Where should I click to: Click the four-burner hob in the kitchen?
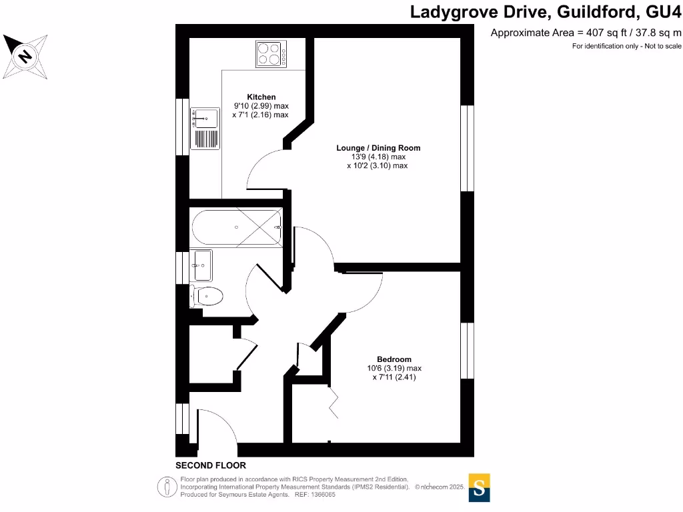point(271,53)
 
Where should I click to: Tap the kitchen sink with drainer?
point(205,128)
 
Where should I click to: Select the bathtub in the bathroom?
point(237,227)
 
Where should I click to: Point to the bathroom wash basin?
point(201,265)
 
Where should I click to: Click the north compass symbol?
point(25,56)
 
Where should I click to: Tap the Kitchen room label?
point(261,97)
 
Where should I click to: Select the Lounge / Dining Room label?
point(378,148)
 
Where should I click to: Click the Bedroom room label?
point(394,359)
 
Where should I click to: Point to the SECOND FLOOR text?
point(211,465)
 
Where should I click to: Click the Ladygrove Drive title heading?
point(546,11)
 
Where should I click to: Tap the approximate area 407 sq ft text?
point(586,33)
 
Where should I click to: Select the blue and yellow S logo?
point(480,487)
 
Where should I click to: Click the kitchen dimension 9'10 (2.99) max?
point(261,106)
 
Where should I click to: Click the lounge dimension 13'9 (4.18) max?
point(378,157)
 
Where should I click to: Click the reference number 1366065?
point(323,495)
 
